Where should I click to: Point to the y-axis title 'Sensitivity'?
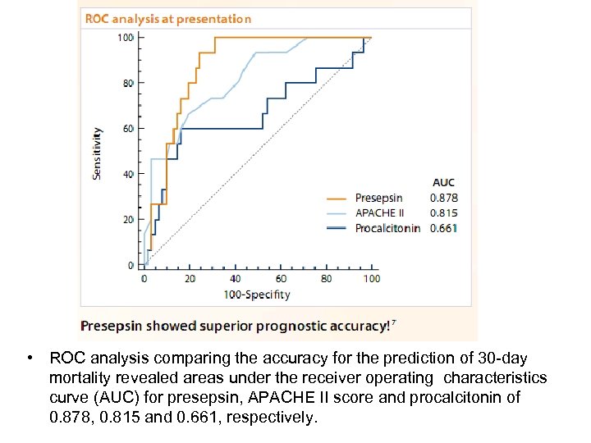[x=98, y=153]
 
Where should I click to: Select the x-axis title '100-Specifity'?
[x=258, y=295]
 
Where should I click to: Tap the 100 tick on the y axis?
[x=126, y=38]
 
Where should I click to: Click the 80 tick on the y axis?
[x=128, y=83]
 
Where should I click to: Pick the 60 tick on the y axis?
[x=128, y=129]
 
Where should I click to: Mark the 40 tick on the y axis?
[x=128, y=174]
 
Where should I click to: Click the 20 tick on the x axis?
[x=190, y=279]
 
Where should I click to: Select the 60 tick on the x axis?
[x=281, y=279]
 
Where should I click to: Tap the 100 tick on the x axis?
[x=372, y=279]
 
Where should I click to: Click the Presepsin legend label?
[x=378, y=198]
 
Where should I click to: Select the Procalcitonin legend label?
[x=387, y=228]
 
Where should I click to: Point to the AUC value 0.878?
[x=444, y=198]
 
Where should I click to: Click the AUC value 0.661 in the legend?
[x=444, y=228]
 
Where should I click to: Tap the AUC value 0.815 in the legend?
[x=444, y=212]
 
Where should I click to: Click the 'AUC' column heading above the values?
[x=443, y=182]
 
